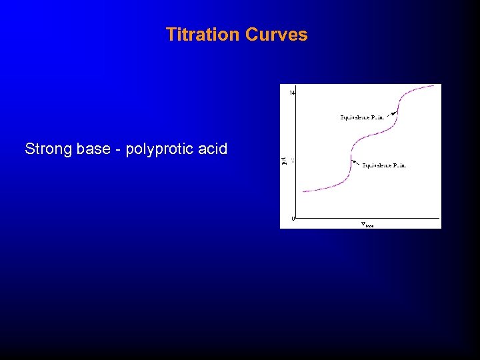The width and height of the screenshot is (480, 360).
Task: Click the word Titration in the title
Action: [x=203, y=35]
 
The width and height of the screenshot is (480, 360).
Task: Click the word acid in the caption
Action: [x=213, y=149]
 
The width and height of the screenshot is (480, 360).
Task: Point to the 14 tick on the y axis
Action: [x=292, y=92]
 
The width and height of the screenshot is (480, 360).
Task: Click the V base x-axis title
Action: [x=367, y=224]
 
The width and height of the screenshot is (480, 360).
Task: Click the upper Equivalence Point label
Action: [x=362, y=117]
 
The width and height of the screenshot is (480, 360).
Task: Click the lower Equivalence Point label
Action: [x=384, y=165]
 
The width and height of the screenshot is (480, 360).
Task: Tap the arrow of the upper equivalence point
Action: [x=391, y=113]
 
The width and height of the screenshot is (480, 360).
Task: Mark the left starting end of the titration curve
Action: [x=303, y=191]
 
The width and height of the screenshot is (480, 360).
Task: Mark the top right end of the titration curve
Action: [x=440, y=85]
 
